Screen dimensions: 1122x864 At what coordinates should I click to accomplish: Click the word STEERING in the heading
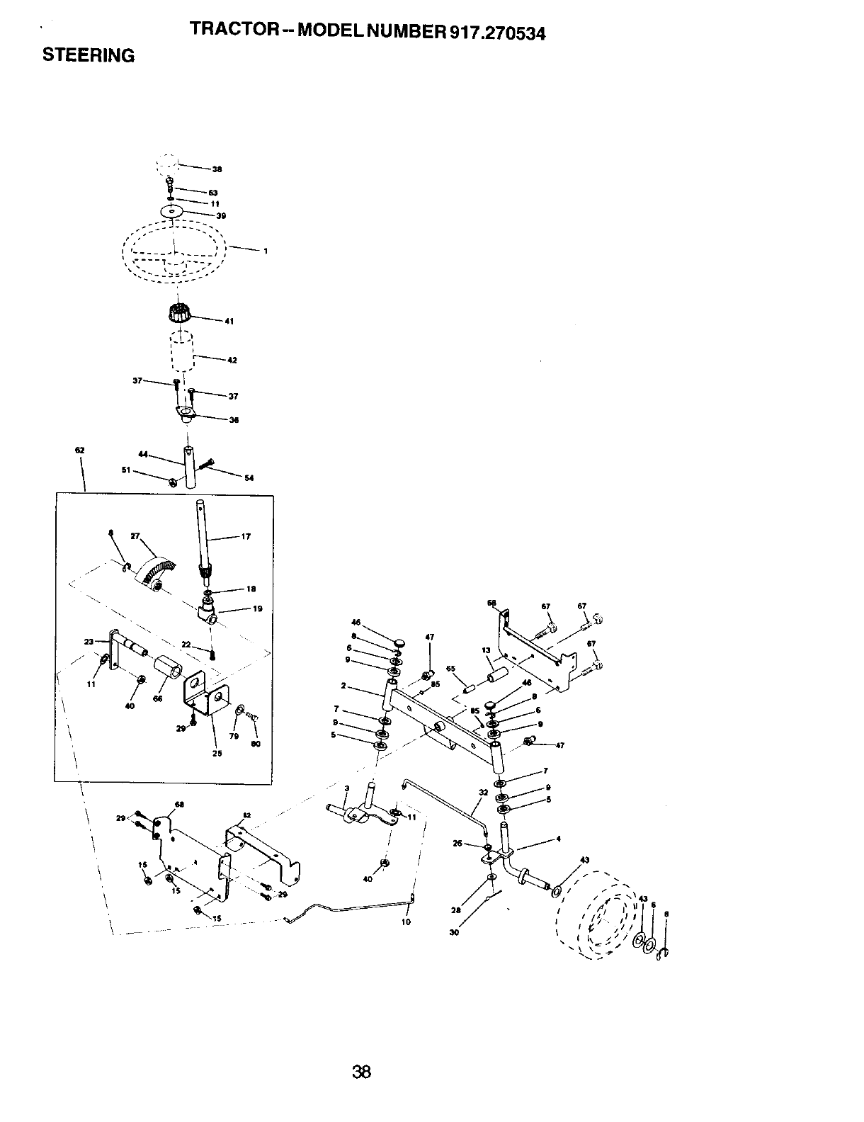89,55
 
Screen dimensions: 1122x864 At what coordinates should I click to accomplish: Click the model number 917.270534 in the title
494,33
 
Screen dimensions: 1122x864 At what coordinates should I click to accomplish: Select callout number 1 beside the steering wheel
264,251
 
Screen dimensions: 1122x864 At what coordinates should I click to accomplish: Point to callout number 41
229,321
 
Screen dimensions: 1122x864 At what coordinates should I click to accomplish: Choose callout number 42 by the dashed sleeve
232,360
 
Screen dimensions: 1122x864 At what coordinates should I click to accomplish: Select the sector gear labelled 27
157,570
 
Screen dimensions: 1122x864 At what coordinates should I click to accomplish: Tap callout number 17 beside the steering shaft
246,536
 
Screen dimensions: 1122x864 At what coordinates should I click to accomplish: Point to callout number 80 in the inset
256,744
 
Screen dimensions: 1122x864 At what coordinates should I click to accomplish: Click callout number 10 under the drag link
406,922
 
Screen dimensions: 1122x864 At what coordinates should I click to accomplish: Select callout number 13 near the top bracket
486,650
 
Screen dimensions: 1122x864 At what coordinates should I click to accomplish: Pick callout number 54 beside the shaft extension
249,477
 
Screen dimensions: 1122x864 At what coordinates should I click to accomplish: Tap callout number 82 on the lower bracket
245,815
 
